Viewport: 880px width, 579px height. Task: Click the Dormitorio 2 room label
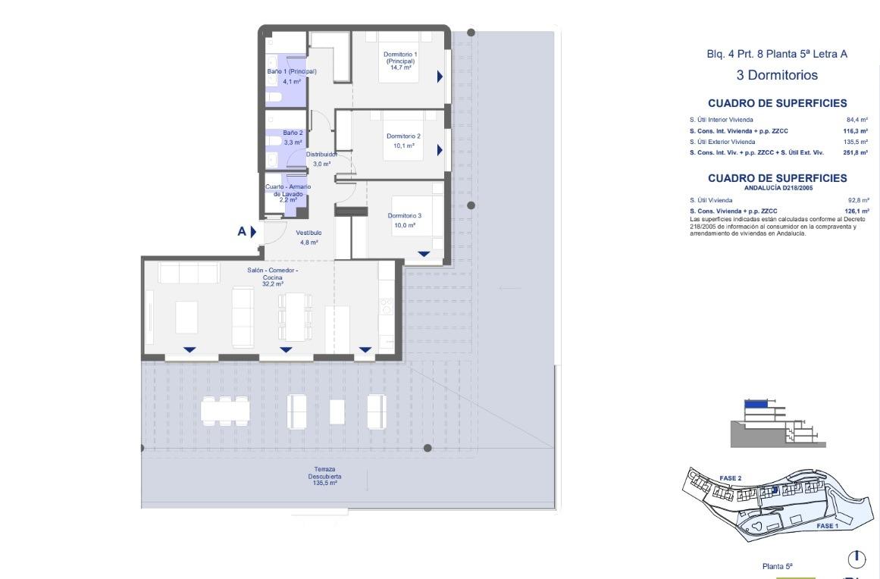coord(403,136)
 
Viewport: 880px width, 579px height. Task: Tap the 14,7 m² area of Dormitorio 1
coord(400,67)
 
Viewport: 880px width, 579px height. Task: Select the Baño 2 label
coord(293,133)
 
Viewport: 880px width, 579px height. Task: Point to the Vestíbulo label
coord(308,233)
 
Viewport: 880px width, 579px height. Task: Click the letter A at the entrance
coord(242,232)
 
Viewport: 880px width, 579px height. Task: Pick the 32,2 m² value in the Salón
coord(272,285)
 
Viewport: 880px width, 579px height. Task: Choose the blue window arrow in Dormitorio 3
coord(424,254)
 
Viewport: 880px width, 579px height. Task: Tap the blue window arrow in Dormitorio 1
coord(440,77)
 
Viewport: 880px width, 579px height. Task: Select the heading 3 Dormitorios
coord(777,76)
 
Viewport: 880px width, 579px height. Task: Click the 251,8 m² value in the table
coord(856,152)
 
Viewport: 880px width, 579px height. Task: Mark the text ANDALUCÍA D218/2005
coord(777,188)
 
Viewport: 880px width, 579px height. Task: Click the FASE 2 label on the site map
coord(730,478)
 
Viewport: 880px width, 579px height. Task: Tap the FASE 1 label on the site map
coord(827,525)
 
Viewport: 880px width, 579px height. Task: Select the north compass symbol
coord(857,559)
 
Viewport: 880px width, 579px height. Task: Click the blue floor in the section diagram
coord(756,405)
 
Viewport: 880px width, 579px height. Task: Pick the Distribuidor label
coord(321,154)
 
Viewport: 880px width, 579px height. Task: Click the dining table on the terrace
coord(225,411)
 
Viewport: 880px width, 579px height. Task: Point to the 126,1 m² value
coord(856,211)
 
